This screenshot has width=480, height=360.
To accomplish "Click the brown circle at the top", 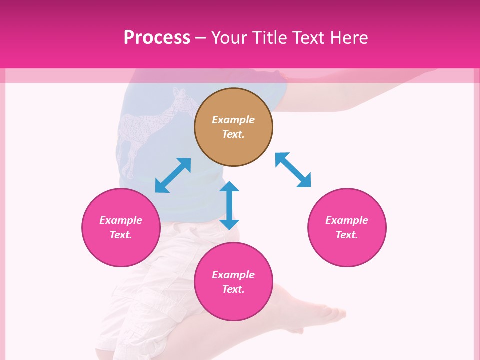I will pos(233,127).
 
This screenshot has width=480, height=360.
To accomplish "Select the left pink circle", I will pos(121,227).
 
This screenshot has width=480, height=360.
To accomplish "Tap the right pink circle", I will pos(347,227).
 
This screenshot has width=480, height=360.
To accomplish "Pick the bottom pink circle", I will pos(233,282).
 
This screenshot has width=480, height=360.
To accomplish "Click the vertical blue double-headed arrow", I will pos(229,205).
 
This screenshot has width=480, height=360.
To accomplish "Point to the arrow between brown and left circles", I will pos(173,175).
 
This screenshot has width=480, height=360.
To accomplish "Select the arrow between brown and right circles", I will pos(293,170).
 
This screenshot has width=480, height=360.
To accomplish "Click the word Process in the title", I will pos(157,37).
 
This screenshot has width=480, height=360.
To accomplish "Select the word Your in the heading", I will pos(228,37).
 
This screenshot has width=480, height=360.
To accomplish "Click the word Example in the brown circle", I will pos(233,120).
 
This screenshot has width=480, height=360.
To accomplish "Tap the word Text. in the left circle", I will pos(121,235).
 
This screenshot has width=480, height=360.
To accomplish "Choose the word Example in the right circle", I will pos(347,220).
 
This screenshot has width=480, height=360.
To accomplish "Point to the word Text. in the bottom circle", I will pos(233,289).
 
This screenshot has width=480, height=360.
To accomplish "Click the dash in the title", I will pos(201,38).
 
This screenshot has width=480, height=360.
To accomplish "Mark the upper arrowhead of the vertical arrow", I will pos(229,187).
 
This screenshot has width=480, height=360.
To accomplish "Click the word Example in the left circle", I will pos(121,220).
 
